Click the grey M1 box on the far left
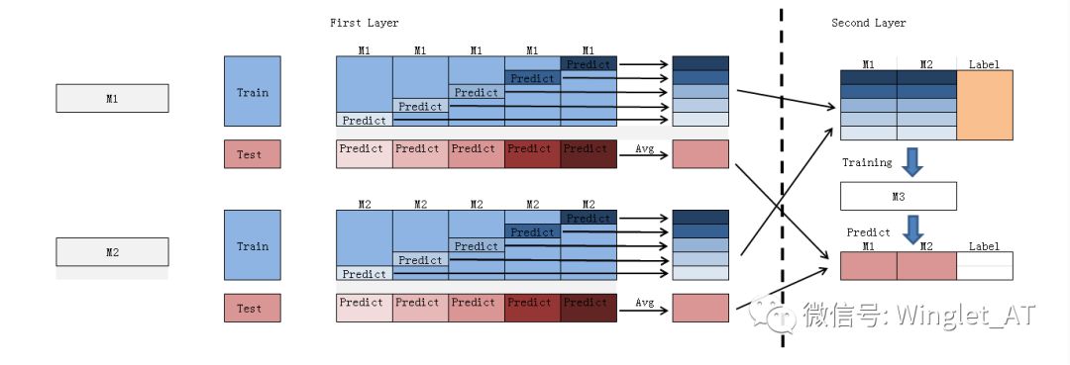pos(112,98)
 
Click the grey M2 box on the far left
pos(112,252)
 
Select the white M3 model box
pos(898,196)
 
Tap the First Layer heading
pos(365,23)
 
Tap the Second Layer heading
pos(869,23)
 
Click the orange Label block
pos(985,105)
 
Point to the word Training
pos(867,162)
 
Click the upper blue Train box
pos(252,91)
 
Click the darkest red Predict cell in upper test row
pos(588,153)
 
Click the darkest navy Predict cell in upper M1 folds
pos(588,64)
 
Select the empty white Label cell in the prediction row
pos(985,266)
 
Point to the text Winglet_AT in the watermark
pos(967,315)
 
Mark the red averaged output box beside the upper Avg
pos(700,153)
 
